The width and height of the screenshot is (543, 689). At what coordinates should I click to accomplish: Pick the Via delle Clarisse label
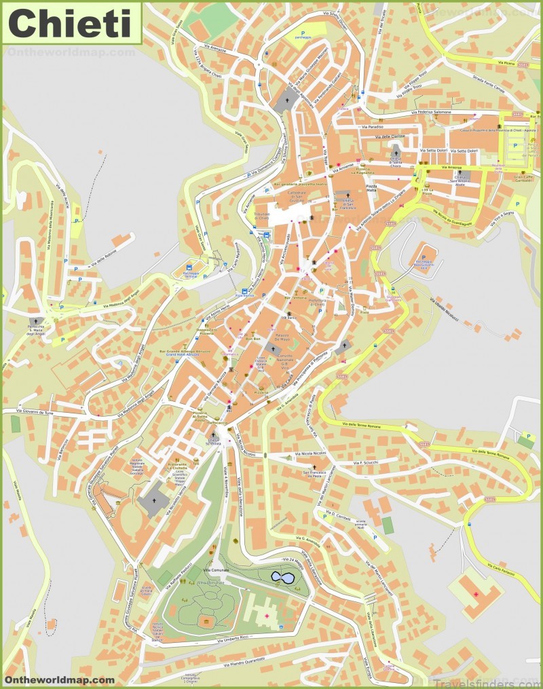point(388,136)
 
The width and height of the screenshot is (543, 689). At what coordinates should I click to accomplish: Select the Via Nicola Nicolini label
point(310,452)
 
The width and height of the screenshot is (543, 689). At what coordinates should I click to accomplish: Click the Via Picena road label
point(506,62)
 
